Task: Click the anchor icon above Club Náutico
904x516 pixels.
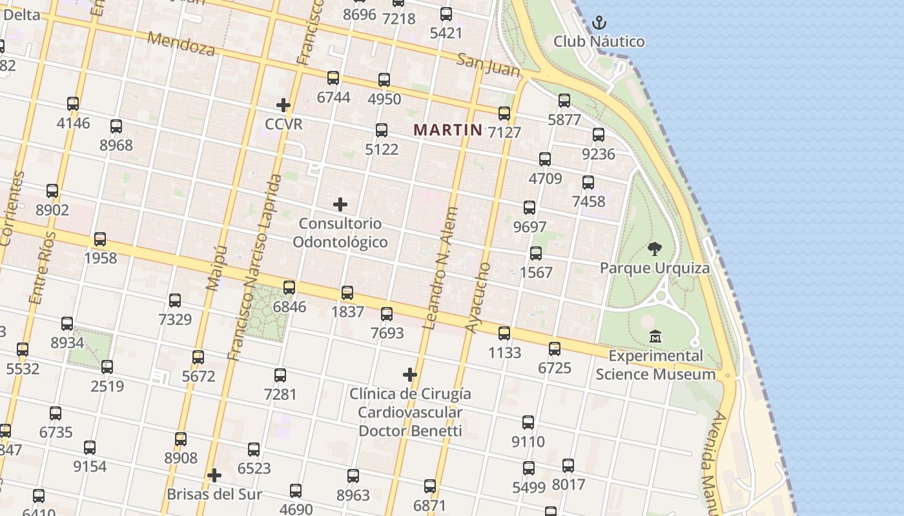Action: [x=599, y=23]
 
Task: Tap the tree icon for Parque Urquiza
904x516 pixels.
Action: [x=655, y=249]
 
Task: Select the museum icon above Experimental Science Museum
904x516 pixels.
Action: [x=655, y=336]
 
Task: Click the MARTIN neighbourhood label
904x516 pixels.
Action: [x=447, y=130]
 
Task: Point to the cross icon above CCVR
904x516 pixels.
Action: [x=283, y=104]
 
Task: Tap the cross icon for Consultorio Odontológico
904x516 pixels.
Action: [x=340, y=205]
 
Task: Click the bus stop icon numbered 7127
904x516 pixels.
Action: [x=504, y=114]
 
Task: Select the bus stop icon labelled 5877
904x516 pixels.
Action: [x=564, y=101]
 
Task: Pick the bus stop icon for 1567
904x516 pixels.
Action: [x=536, y=253]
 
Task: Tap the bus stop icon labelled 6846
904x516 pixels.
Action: [x=289, y=288]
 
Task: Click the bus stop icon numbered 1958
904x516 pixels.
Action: [x=100, y=239]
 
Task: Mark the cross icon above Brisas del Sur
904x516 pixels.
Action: [x=214, y=476]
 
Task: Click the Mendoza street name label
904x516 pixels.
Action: [x=181, y=43]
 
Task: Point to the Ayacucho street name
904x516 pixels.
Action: [x=478, y=297]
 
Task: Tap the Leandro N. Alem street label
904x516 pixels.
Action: [x=441, y=268]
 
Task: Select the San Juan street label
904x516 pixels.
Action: [x=488, y=64]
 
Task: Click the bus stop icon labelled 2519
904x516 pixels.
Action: [x=107, y=367]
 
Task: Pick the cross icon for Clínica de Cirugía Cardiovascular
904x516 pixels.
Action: [x=409, y=374]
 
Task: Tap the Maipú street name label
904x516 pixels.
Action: [x=217, y=268]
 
